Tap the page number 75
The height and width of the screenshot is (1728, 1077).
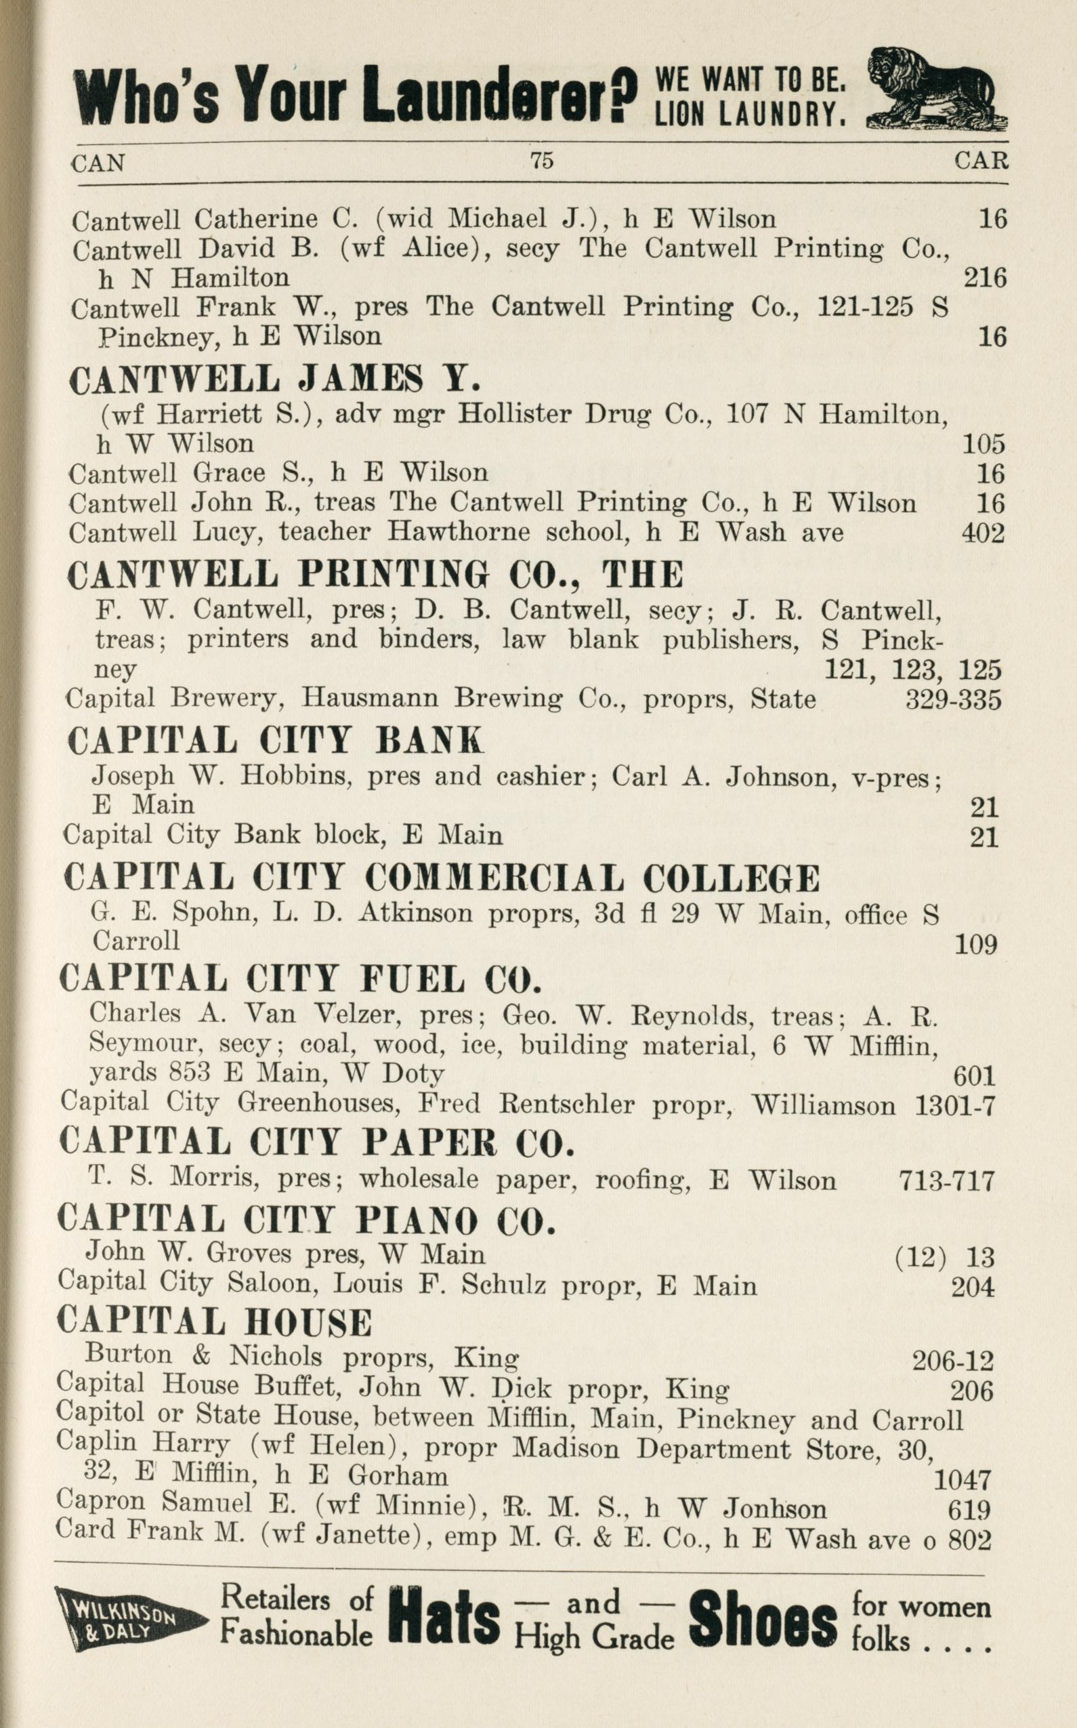tap(541, 161)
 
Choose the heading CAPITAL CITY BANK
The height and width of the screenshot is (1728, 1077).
tap(275, 741)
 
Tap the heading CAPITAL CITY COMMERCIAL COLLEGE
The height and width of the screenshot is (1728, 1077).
tap(442, 879)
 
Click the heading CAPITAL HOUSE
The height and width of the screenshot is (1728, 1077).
tap(215, 1322)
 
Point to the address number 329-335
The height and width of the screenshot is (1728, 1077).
tap(953, 700)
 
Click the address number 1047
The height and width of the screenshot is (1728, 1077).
tap(962, 1481)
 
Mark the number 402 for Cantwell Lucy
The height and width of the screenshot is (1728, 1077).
tap(983, 533)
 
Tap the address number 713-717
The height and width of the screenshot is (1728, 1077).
tap(947, 1181)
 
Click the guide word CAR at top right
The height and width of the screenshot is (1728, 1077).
tap(981, 161)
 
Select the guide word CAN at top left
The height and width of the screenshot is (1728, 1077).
tap(98, 163)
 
